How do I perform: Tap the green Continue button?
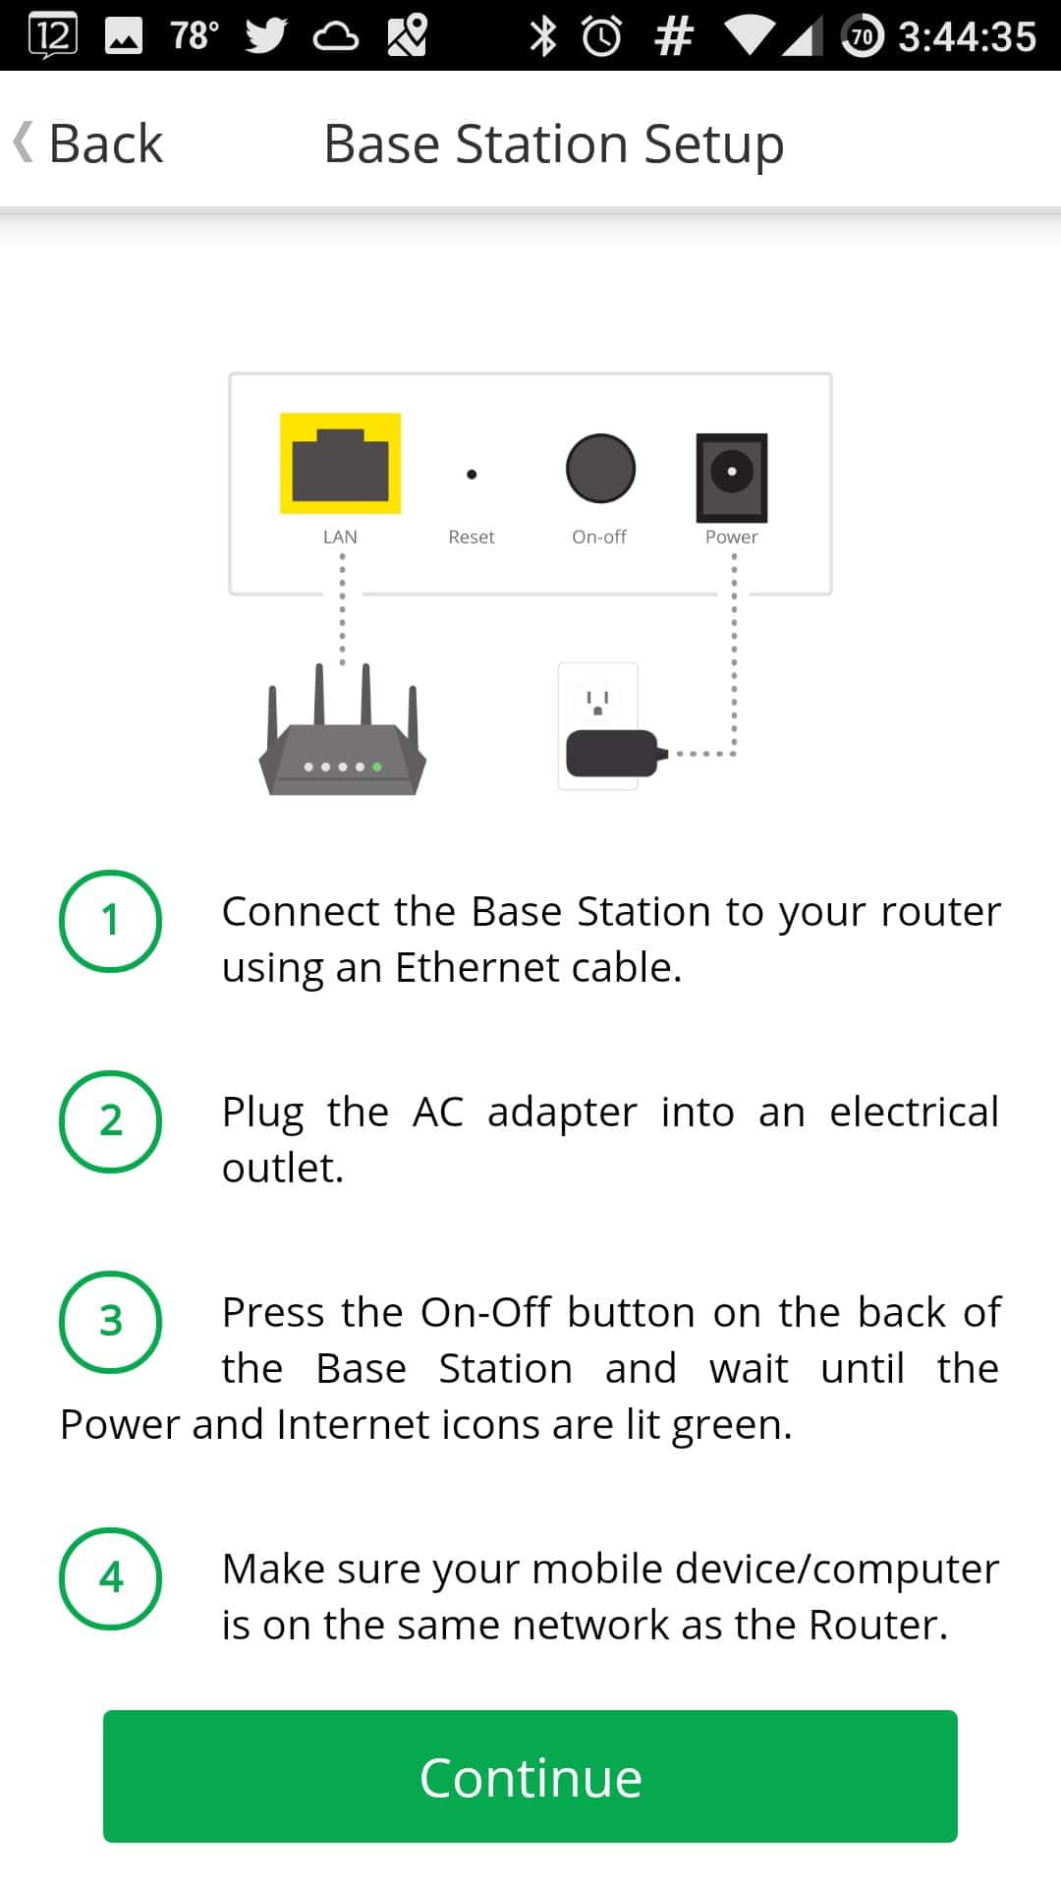[x=530, y=1776]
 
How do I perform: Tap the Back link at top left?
[x=90, y=143]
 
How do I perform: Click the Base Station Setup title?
[x=553, y=143]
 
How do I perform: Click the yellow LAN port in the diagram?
[x=340, y=464]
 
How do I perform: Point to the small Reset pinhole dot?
[x=472, y=474]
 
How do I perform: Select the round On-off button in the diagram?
[x=600, y=468]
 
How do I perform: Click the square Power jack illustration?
[x=732, y=477]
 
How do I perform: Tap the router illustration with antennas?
[x=342, y=747]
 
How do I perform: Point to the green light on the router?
[x=377, y=767]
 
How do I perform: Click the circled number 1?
[x=110, y=921]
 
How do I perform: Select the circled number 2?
[x=110, y=1121]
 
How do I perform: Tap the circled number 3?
[x=110, y=1322]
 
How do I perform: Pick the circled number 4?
[x=110, y=1578]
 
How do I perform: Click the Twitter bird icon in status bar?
[x=265, y=36]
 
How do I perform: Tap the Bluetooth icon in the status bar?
[x=542, y=36]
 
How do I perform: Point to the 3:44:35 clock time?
[x=967, y=36]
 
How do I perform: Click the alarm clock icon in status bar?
[x=601, y=36]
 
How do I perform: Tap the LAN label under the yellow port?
[x=340, y=537]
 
